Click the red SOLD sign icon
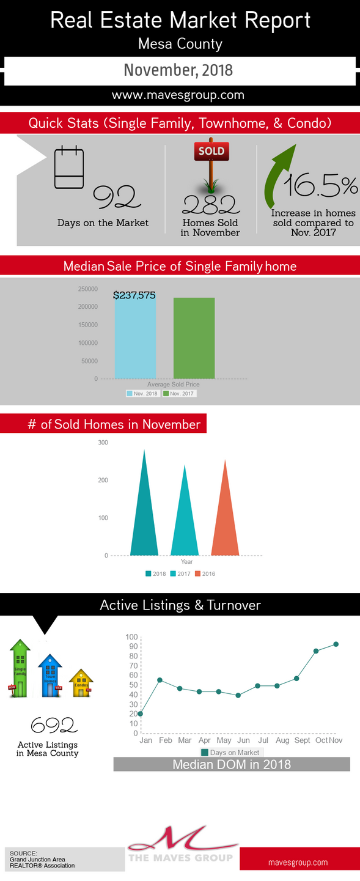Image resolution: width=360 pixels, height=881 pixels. [x=211, y=151]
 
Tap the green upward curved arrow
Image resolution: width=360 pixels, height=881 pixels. [x=279, y=177]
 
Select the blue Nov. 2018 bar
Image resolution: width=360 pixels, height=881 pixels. [x=135, y=336]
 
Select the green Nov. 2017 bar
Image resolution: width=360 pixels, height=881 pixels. [x=194, y=338]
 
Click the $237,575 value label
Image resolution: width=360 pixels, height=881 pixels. [x=134, y=295]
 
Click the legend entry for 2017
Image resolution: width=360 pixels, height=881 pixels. [x=180, y=573]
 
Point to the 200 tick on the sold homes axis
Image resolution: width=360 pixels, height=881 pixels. [x=103, y=480]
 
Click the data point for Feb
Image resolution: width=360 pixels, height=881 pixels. [x=160, y=680]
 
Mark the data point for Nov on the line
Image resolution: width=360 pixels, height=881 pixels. [x=336, y=644]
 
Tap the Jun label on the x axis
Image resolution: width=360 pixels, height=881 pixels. [x=243, y=740]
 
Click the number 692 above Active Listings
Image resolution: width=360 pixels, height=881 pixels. [x=54, y=725]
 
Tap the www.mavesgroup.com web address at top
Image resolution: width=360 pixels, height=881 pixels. [x=178, y=95]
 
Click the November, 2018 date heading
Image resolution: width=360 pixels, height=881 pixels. [x=178, y=70]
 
